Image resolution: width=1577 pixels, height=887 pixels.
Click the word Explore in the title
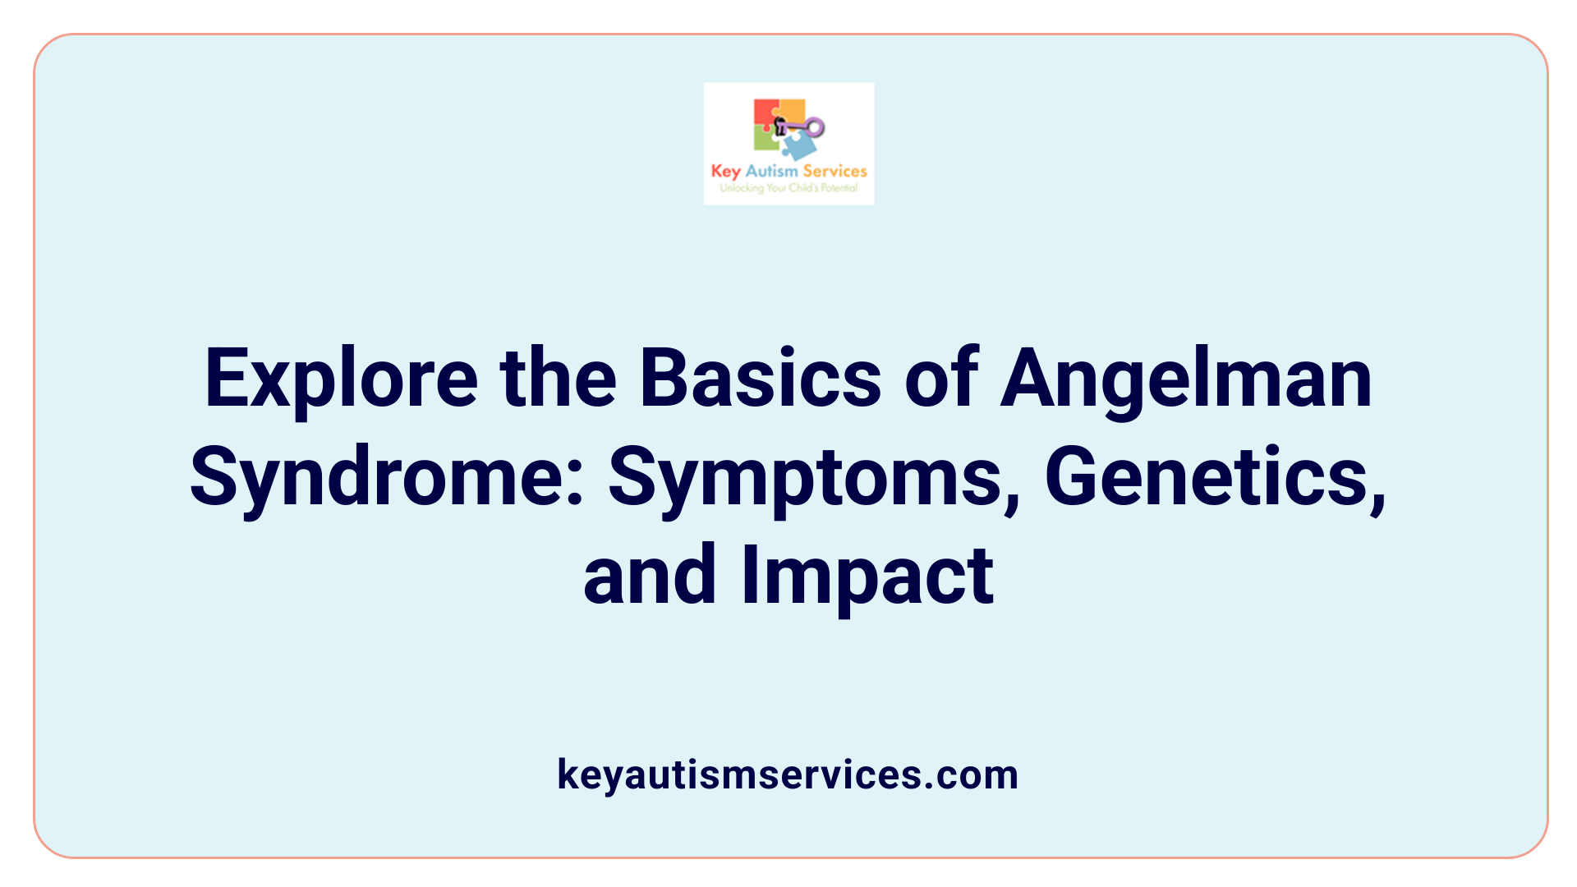click(x=341, y=379)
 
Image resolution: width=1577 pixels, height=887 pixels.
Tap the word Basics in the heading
click(x=760, y=379)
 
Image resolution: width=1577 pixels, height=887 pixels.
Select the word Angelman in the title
click(x=1186, y=379)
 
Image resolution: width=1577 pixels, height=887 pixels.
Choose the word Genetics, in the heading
click(x=1215, y=478)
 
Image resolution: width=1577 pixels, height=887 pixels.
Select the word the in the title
click(x=558, y=379)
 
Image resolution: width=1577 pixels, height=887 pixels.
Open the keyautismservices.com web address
click(x=788, y=774)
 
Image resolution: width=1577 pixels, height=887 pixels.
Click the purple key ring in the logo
click(x=814, y=126)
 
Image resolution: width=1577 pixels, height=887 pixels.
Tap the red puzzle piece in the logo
click(x=765, y=112)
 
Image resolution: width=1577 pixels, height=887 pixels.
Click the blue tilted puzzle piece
click(x=798, y=147)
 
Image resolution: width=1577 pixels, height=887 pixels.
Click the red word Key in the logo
click(x=725, y=171)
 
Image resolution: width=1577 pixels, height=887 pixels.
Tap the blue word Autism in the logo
click(x=771, y=171)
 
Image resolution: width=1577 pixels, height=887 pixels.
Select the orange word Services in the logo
click(x=834, y=171)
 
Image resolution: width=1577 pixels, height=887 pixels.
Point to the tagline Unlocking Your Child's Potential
click(x=788, y=188)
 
